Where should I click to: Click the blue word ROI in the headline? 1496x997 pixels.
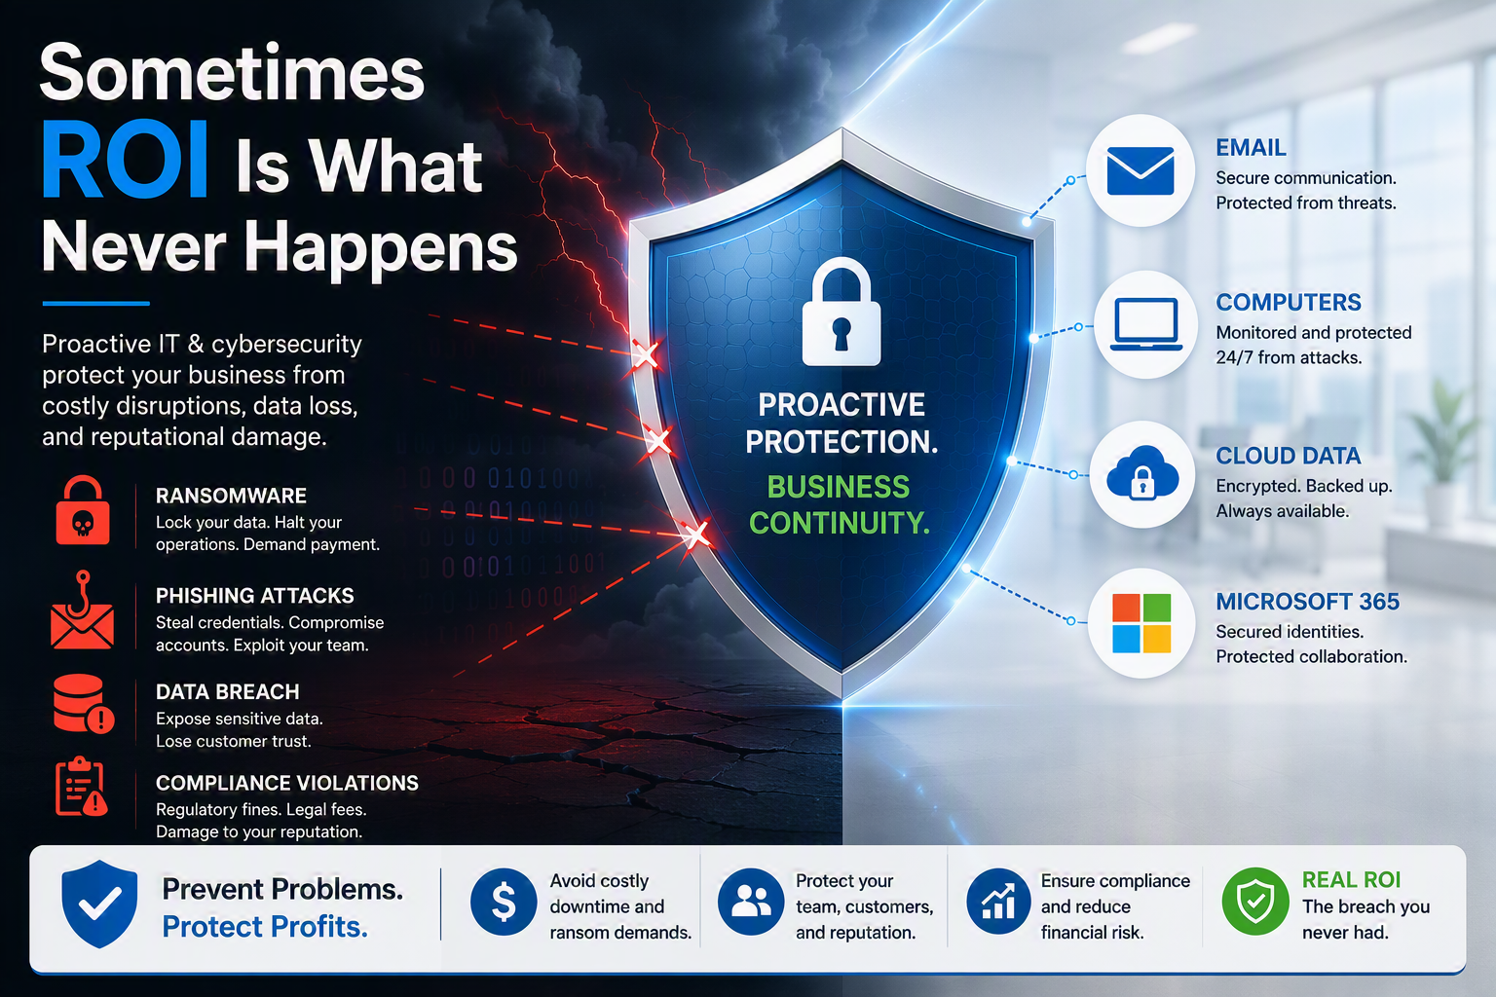pyautogui.click(x=125, y=160)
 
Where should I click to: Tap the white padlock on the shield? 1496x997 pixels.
pyautogui.click(x=841, y=312)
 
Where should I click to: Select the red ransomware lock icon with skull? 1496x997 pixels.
pyautogui.click(x=83, y=511)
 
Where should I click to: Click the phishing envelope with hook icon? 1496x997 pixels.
pyautogui.click(x=82, y=610)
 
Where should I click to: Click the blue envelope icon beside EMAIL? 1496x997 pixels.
pyautogui.click(x=1141, y=171)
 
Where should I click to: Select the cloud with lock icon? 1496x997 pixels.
pyautogui.click(x=1142, y=473)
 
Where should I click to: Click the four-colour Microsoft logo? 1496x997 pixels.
pyautogui.click(x=1141, y=622)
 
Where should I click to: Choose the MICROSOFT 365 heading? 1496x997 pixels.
pyautogui.click(x=1307, y=602)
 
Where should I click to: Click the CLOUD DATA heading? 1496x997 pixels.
pyautogui.click(x=1288, y=456)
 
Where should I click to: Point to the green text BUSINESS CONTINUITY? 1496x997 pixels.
pyautogui.click(x=839, y=505)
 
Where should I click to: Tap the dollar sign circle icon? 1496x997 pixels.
pyautogui.click(x=504, y=902)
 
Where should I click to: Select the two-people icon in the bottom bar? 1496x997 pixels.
pyautogui.click(x=751, y=902)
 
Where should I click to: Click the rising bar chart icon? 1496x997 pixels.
pyautogui.click(x=998, y=902)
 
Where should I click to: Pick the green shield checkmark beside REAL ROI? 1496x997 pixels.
pyautogui.click(x=1255, y=902)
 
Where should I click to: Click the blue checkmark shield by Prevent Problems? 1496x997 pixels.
pyautogui.click(x=99, y=905)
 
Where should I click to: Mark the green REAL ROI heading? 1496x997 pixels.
pyautogui.click(x=1351, y=880)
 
